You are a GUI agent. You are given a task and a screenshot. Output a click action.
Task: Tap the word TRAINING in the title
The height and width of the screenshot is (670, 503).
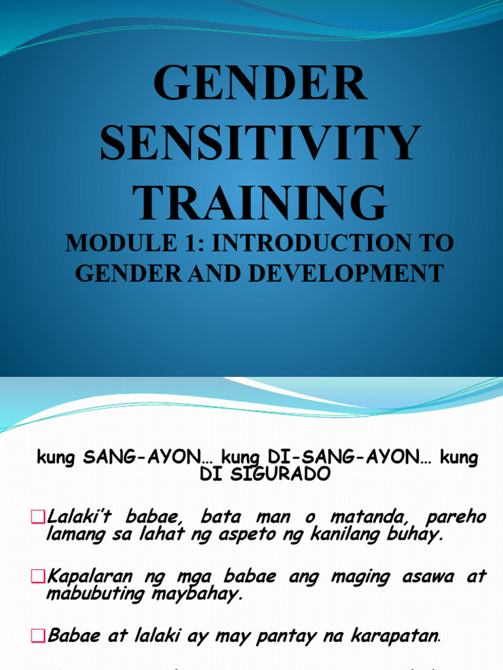[x=260, y=203]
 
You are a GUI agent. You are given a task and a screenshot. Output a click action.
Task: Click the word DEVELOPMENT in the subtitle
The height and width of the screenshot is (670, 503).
[x=345, y=273]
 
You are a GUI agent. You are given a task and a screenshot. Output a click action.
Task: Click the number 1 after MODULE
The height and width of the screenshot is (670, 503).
[x=172, y=244]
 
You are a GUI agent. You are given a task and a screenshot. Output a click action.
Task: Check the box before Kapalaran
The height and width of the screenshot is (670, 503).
[x=37, y=577]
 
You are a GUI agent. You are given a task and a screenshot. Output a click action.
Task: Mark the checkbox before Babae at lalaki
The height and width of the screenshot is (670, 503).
[x=37, y=635]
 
